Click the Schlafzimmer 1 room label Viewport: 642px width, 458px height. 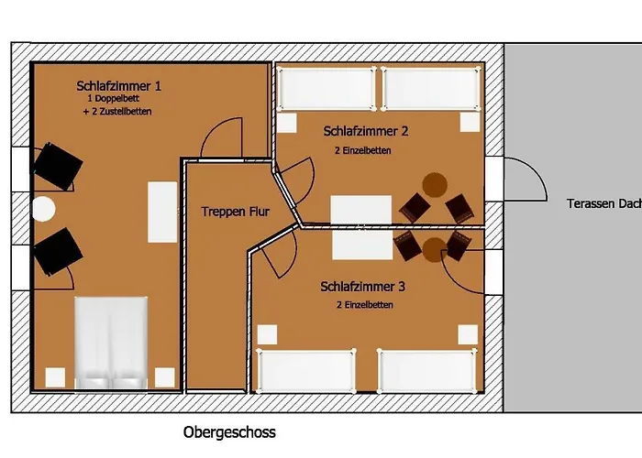pyautogui.click(x=118, y=86)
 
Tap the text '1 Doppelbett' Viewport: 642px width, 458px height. pyautogui.click(x=114, y=99)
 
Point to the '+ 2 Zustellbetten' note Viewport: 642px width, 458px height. pyautogui.click(x=117, y=111)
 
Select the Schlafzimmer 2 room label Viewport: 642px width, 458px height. pyautogui.click(x=366, y=131)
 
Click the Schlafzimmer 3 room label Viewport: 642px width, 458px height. pyautogui.click(x=363, y=286)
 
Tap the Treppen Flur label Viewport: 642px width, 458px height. pyautogui.click(x=236, y=212)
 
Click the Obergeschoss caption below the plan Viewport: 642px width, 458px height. pyautogui.click(x=229, y=432)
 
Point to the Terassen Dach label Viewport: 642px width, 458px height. pyautogui.click(x=604, y=203)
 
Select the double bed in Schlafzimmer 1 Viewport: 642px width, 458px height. pyautogui.click(x=111, y=343)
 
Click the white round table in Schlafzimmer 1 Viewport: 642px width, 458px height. pyautogui.click(x=43, y=209)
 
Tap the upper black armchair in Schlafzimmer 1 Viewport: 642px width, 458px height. pyautogui.click(x=58, y=166)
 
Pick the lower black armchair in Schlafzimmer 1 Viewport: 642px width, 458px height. pyautogui.click(x=58, y=252)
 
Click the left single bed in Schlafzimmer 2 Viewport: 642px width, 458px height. pyautogui.click(x=327, y=89)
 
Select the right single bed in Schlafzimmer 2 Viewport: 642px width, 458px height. pyautogui.click(x=431, y=89)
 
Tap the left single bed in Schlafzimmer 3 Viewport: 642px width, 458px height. pyautogui.click(x=306, y=371)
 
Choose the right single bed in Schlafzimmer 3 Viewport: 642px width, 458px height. pyautogui.click(x=426, y=371)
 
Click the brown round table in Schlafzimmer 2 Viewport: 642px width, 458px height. pyautogui.click(x=435, y=185)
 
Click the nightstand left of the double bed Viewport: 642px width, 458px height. pyautogui.click(x=55, y=377)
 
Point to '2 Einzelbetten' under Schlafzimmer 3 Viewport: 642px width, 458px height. pyautogui.click(x=365, y=305)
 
